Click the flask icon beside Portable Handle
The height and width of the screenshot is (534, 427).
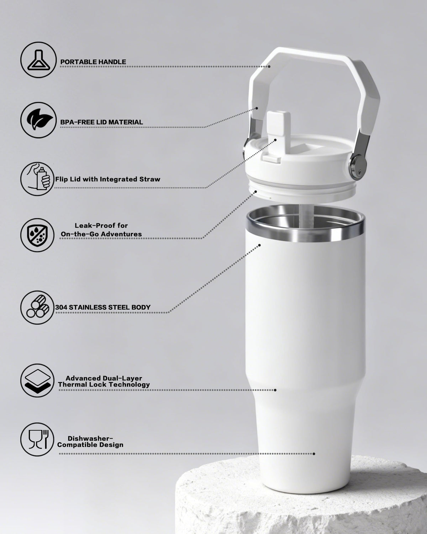[x=38, y=60]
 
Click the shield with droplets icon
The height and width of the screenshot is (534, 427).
[x=37, y=235]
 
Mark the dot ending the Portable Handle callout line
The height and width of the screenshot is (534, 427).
[x=269, y=67]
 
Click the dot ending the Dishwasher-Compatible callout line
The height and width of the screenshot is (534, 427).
[x=314, y=454]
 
